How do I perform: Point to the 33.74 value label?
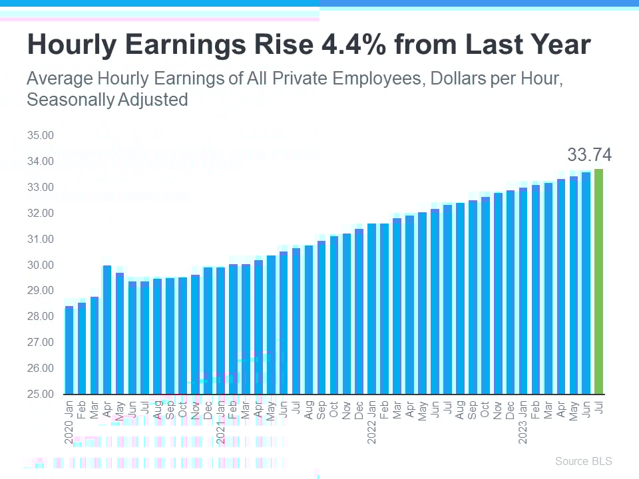tap(589, 156)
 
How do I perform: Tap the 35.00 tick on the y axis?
tap(40, 135)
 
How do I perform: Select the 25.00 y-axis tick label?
tap(40, 394)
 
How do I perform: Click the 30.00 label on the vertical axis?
tap(40, 265)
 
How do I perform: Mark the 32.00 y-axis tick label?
tap(40, 213)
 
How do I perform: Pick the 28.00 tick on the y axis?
tap(40, 316)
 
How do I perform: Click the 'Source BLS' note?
tap(583, 461)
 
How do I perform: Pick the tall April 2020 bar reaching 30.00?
tap(106, 329)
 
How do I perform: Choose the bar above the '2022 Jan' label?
tap(372, 309)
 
